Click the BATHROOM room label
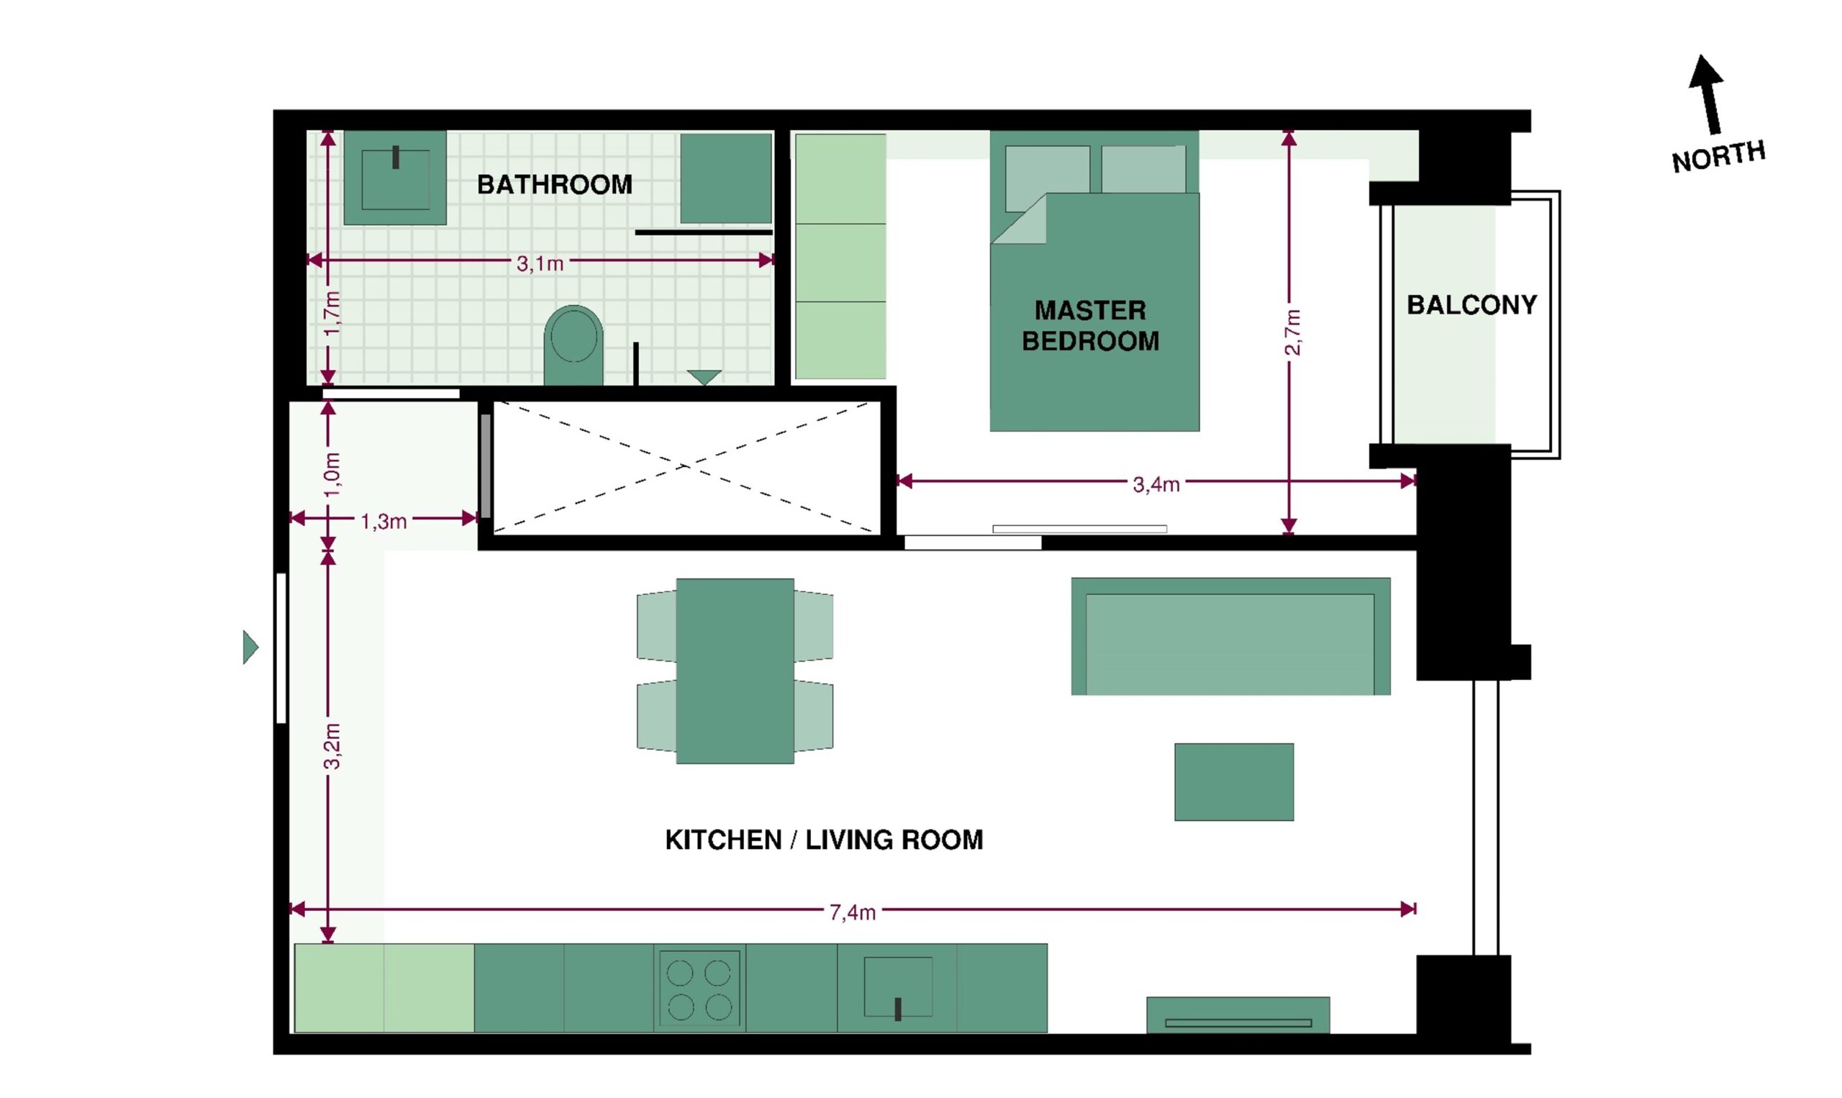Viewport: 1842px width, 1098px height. [554, 184]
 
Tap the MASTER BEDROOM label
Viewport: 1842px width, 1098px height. [1090, 325]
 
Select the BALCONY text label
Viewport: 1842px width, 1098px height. [1471, 305]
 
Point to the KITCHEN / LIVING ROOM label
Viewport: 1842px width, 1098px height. [824, 840]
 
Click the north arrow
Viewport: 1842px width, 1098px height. [1709, 95]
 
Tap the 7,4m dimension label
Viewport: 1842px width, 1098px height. [852, 913]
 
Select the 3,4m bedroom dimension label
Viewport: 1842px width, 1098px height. [1156, 485]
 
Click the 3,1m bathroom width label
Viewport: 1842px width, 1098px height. [540, 263]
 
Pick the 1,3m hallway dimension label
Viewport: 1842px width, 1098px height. [384, 522]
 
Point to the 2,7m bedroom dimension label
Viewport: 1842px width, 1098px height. [1292, 332]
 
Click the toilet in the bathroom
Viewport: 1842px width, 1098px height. [573, 345]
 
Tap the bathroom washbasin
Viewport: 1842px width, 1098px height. [395, 178]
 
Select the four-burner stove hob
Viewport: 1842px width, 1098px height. [699, 988]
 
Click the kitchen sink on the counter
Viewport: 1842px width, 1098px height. [898, 988]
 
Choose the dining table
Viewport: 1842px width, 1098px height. [735, 671]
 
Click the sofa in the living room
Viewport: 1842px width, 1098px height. [1231, 636]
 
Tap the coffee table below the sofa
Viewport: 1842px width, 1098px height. [1234, 782]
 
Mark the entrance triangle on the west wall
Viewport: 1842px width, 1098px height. [251, 648]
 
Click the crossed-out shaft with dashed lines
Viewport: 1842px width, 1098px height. [686, 467]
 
